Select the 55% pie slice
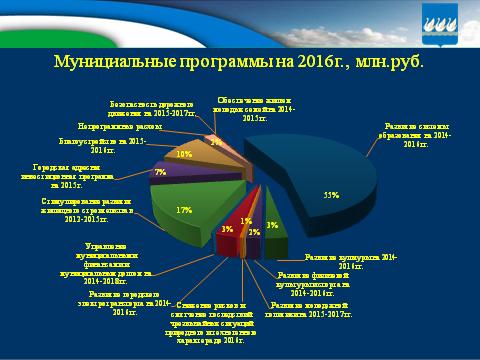(x=320, y=180)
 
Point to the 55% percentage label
(x=326, y=195)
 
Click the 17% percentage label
(x=184, y=211)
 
